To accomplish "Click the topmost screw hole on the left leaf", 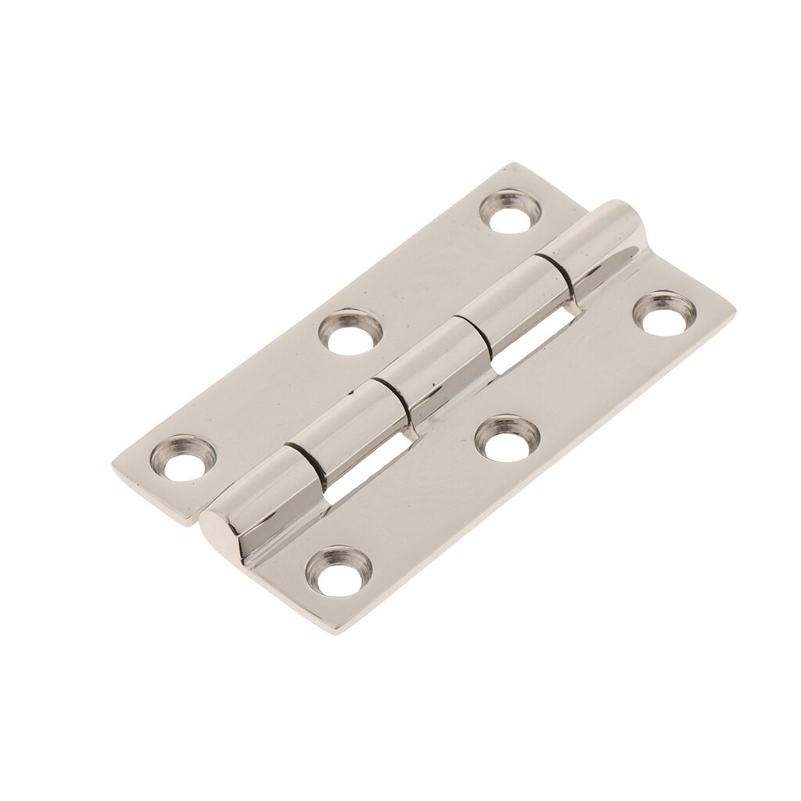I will tap(509, 211).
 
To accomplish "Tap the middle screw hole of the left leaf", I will tap(351, 332).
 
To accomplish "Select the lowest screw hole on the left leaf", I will tap(185, 458).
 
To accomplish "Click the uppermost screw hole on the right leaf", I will tap(665, 313).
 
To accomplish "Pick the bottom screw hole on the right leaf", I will tap(337, 572).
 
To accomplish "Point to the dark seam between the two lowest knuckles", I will tap(305, 462).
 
